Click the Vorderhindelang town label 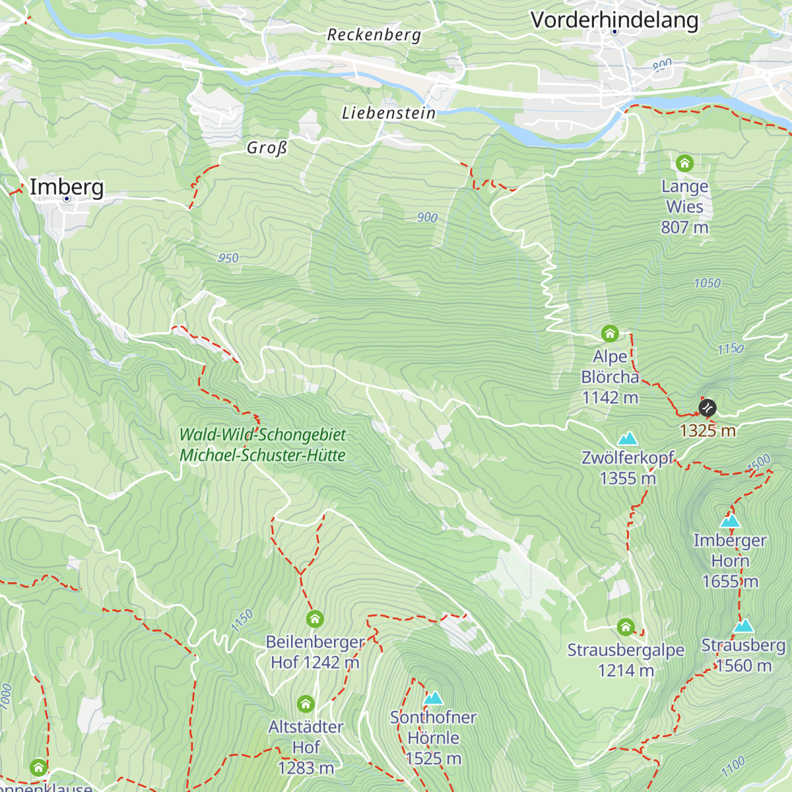coord(614,20)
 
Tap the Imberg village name coord(67,187)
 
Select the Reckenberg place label coord(374,35)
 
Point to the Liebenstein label coord(389,114)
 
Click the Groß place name coord(267,148)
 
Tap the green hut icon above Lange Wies coord(684,162)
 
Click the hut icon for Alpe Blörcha coord(610,333)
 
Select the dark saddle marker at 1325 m coord(707,407)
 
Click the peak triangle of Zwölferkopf coord(627,438)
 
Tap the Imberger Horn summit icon coord(730,521)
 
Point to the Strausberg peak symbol coord(744,626)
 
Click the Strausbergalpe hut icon coord(626,626)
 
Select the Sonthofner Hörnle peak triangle coord(433,698)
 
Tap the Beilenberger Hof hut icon coord(315,619)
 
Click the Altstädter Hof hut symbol coord(306,704)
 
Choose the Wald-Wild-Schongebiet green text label coord(263,435)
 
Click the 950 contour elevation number coord(228,258)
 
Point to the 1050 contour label coord(707,283)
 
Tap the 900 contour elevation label coord(427,217)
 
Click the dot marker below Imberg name coord(67,198)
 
